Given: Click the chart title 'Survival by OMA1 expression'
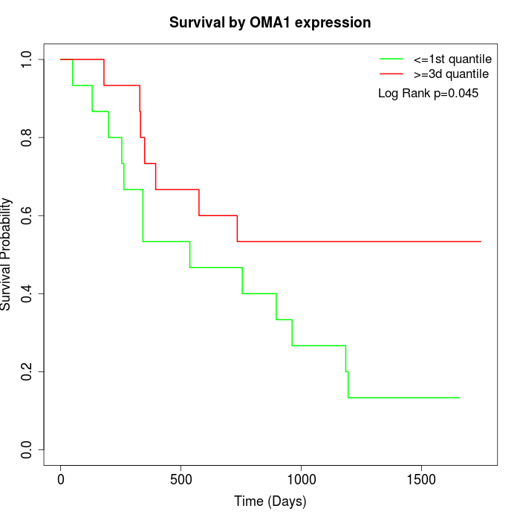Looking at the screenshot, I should pyautogui.click(x=270, y=22).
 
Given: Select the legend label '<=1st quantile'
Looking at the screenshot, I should pyautogui.click(x=452, y=59).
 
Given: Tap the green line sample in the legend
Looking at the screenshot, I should pyautogui.click(x=391, y=59).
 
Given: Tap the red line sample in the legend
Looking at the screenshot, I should pyautogui.click(x=391, y=74).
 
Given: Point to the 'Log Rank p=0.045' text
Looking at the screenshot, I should pyautogui.click(x=428, y=94).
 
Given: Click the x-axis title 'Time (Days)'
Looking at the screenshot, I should pyautogui.click(x=270, y=501).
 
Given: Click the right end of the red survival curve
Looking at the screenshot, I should pyautogui.click(x=481, y=241).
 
